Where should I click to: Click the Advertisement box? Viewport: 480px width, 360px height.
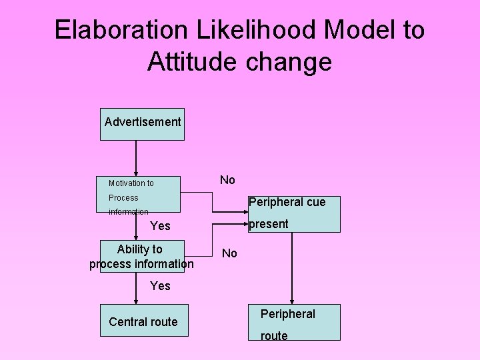[142, 124]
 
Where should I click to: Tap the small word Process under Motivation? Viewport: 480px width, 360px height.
[123, 198]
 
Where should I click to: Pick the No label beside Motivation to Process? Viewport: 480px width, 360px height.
[227, 180]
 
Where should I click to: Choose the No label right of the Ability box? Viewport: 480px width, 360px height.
[229, 253]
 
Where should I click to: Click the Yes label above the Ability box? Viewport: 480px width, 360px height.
[160, 226]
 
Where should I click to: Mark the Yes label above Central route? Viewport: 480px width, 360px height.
[160, 286]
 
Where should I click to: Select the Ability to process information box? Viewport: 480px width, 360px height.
[141, 257]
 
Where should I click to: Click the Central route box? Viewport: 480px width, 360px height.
[143, 322]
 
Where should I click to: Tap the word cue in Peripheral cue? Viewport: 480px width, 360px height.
[314, 202]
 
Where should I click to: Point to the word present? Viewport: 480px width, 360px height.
[268, 224]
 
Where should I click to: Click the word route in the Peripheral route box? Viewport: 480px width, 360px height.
[274, 336]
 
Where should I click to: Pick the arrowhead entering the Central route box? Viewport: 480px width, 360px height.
[136, 301]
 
